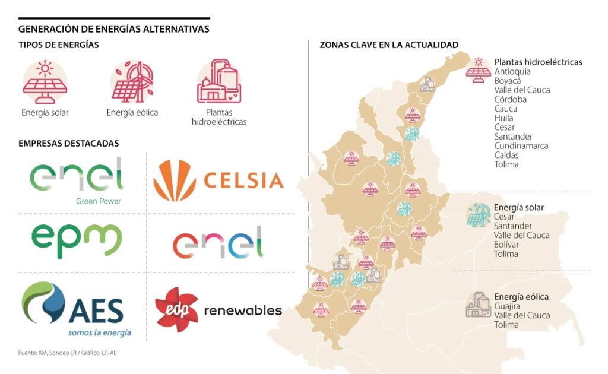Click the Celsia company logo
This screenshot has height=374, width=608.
pos(218,180)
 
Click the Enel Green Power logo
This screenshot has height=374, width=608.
pos(77,179)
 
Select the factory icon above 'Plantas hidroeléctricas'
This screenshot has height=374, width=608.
pos(218,81)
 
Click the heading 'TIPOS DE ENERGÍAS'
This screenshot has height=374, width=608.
pos(58,45)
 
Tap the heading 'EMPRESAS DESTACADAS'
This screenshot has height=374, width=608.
pos(68,143)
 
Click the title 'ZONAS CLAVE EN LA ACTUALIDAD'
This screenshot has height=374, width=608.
pos(389,45)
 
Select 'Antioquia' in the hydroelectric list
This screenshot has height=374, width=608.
pos(512,72)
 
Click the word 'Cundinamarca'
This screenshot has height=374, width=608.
pos(521,146)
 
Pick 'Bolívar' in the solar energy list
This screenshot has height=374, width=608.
pos(506,245)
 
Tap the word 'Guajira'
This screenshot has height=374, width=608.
pos(507,306)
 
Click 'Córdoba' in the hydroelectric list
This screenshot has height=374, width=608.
pos(510,100)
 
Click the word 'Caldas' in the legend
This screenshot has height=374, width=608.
pos(506,155)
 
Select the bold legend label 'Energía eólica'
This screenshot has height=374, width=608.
pos(521,297)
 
